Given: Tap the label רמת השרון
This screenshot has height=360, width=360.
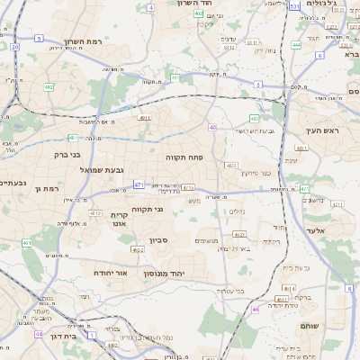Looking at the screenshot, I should [86, 42].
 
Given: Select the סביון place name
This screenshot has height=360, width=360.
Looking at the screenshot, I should [159, 240].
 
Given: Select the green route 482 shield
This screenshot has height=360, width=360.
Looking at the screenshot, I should [255, 118].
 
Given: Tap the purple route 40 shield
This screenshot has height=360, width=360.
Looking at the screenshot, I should [212, 128].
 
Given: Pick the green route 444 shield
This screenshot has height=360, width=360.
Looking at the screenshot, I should [297, 44].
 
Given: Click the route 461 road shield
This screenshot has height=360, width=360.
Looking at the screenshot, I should [27, 243].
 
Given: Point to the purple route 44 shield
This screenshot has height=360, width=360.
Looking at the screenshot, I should [40, 334].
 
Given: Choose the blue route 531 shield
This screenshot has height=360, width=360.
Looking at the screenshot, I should [295, 6].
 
